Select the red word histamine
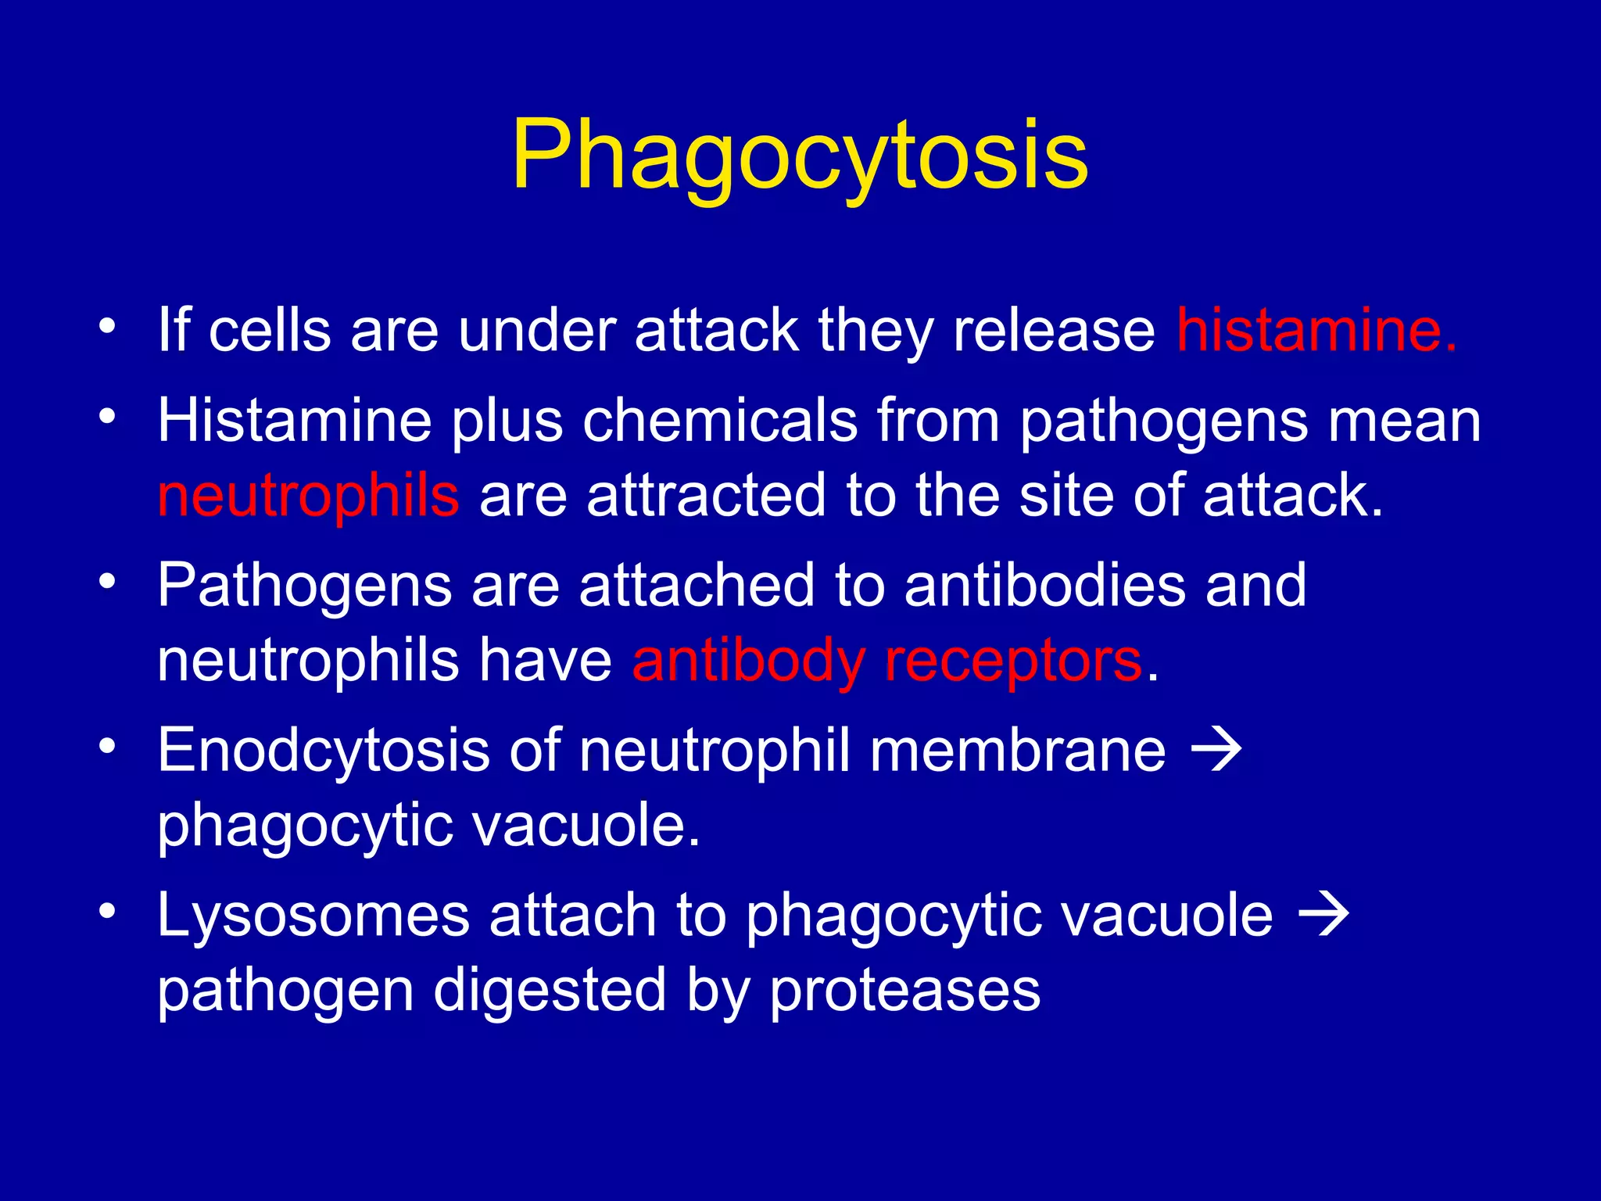click(1316, 331)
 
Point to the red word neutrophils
click(308, 496)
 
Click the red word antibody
click(748, 661)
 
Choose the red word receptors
click(1013, 661)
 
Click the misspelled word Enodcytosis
click(324, 751)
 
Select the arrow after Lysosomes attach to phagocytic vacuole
click(1323, 916)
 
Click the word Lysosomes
click(313, 916)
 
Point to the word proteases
click(905, 991)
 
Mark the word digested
click(550, 991)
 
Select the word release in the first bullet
click(1054, 331)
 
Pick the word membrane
click(1018, 751)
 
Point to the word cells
click(270, 331)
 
